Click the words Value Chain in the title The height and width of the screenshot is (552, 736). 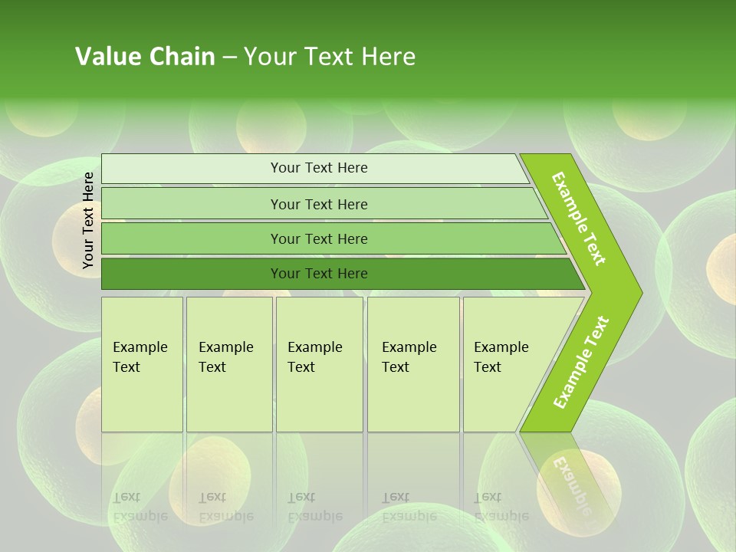click(x=145, y=57)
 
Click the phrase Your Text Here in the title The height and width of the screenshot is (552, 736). click(x=330, y=57)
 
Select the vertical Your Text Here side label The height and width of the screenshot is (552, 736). click(x=88, y=220)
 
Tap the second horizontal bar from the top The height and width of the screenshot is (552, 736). click(x=319, y=204)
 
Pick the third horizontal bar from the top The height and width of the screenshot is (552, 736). click(x=319, y=238)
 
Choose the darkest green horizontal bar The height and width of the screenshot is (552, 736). click(x=319, y=274)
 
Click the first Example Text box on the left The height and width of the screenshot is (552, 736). click(x=142, y=364)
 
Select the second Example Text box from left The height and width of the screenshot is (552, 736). click(x=228, y=364)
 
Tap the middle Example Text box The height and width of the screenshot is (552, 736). click(x=319, y=364)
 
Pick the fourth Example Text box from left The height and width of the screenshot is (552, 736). click(x=412, y=364)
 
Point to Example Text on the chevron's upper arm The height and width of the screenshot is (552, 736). click(x=579, y=219)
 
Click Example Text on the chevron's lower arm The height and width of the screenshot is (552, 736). click(x=581, y=363)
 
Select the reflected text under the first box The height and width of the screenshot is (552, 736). click(x=140, y=507)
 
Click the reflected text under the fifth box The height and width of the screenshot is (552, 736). click(x=501, y=507)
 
